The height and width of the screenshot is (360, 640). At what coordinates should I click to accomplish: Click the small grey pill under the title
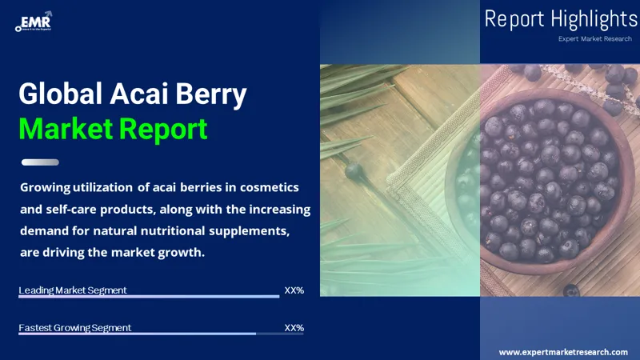click(x=40, y=162)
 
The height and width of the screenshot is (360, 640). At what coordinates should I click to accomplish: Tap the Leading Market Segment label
click(x=73, y=290)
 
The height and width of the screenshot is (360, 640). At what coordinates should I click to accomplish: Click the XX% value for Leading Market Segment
click(x=294, y=290)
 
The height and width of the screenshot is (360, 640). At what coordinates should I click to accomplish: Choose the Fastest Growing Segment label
click(x=75, y=328)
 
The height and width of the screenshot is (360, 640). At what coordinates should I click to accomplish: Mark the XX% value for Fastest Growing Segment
click(x=294, y=328)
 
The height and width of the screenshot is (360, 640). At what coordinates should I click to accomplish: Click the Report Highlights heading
click(x=561, y=19)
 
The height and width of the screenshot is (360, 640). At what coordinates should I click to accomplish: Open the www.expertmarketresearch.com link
click(x=563, y=352)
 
